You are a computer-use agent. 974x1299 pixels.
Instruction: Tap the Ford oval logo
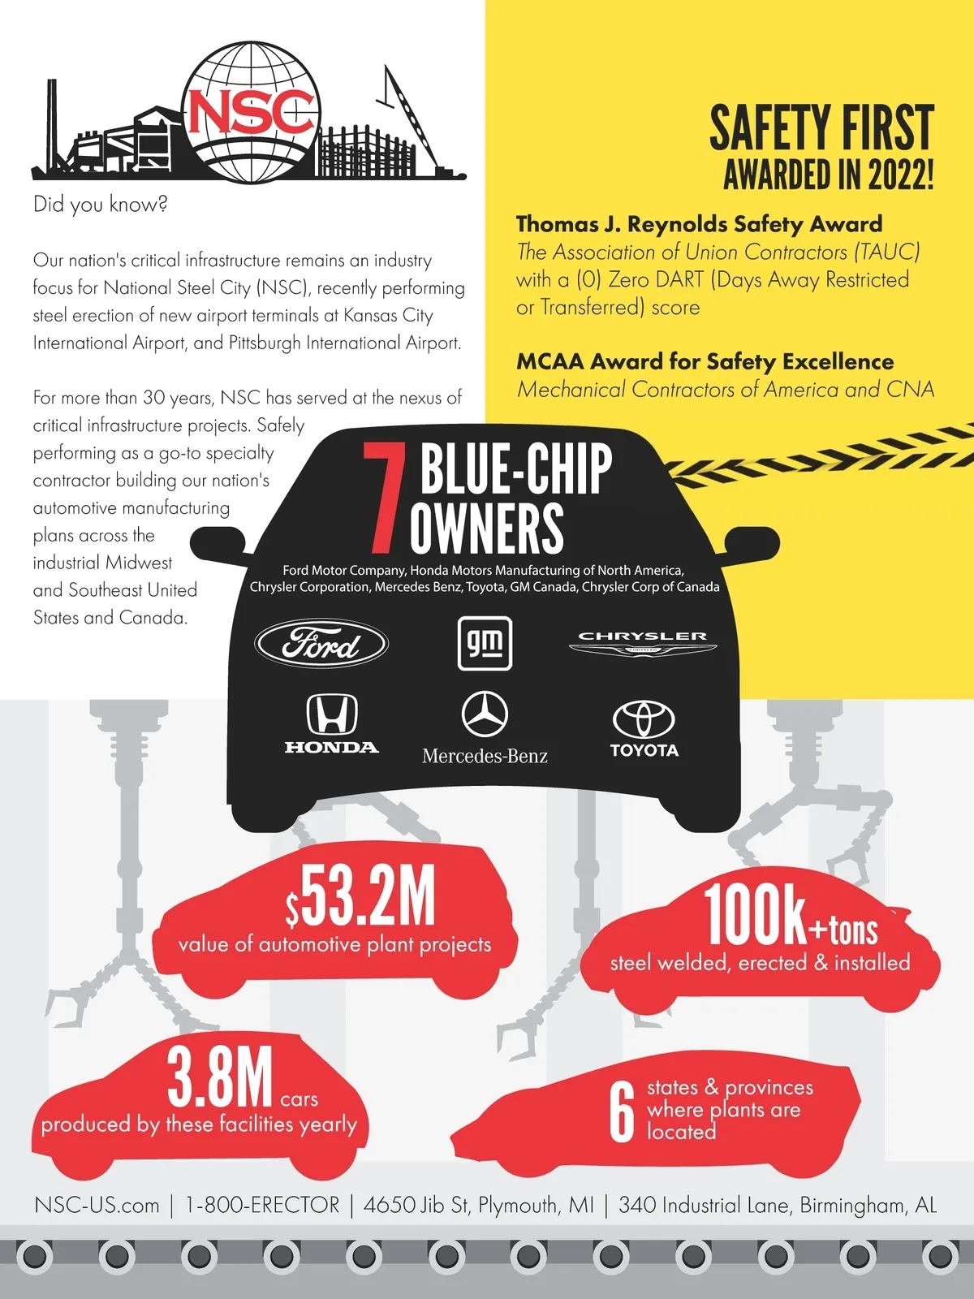click(321, 644)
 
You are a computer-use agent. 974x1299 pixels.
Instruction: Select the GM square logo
click(485, 643)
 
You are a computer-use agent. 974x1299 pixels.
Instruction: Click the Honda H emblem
click(331, 714)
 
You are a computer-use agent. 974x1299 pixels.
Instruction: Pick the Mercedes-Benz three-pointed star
click(485, 714)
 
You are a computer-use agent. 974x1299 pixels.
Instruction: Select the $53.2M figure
click(360, 897)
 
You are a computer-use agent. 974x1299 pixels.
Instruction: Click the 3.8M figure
click(220, 1078)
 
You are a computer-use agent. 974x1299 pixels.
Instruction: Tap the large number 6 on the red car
click(622, 1112)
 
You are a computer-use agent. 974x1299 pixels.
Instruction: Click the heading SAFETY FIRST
click(821, 128)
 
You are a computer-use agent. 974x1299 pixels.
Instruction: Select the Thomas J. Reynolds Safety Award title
click(699, 224)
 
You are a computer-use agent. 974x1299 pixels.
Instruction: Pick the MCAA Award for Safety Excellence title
click(705, 361)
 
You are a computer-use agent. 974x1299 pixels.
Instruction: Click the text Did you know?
click(100, 204)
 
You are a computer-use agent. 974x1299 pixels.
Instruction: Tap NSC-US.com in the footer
click(97, 1205)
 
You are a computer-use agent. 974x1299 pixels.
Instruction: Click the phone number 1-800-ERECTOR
click(262, 1205)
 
